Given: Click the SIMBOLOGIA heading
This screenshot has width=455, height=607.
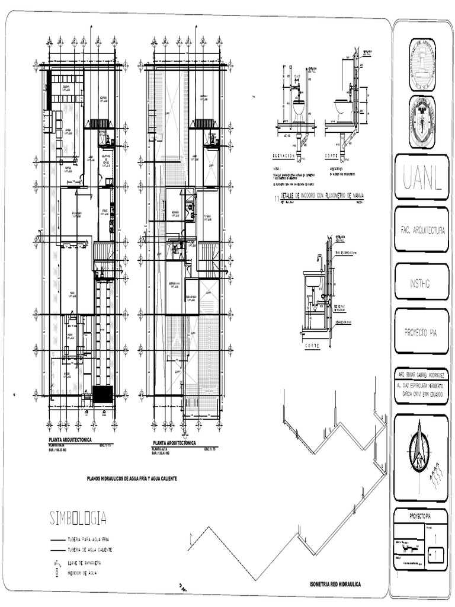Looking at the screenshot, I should [x=78, y=519].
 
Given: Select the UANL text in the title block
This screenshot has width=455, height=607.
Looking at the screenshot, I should [x=421, y=177].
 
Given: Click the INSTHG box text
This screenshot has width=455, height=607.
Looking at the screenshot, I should [x=419, y=284].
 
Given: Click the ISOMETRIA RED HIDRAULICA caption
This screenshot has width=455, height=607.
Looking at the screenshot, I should [x=335, y=584].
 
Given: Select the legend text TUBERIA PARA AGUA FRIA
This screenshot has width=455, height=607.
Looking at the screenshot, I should [x=89, y=541].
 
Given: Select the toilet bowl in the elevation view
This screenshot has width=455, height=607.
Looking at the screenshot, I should [x=299, y=109].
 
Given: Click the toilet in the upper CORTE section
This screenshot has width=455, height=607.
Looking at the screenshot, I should [x=342, y=108].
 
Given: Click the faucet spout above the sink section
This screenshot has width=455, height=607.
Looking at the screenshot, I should [x=319, y=260].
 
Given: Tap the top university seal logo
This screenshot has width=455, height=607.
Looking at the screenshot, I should [x=421, y=64].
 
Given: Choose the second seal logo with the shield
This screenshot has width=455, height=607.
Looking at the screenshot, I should [x=421, y=122].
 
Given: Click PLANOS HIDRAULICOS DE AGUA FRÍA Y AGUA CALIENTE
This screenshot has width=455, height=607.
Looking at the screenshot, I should [x=132, y=478].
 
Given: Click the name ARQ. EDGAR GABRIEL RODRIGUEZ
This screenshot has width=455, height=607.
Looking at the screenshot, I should [x=421, y=376].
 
